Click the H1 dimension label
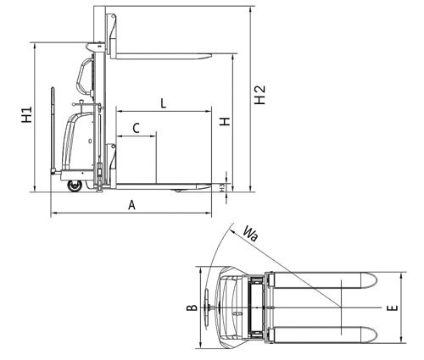[x=27, y=114]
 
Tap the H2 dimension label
[x=259, y=95]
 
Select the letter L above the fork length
[x=164, y=103]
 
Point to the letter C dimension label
[x=136, y=128]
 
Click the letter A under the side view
[x=131, y=205]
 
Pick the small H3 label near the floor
[x=222, y=187]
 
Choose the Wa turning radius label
[x=250, y=233]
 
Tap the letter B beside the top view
[x=192, y=307]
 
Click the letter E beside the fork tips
[x=393, y=308]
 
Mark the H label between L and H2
[x=226, y=122]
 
